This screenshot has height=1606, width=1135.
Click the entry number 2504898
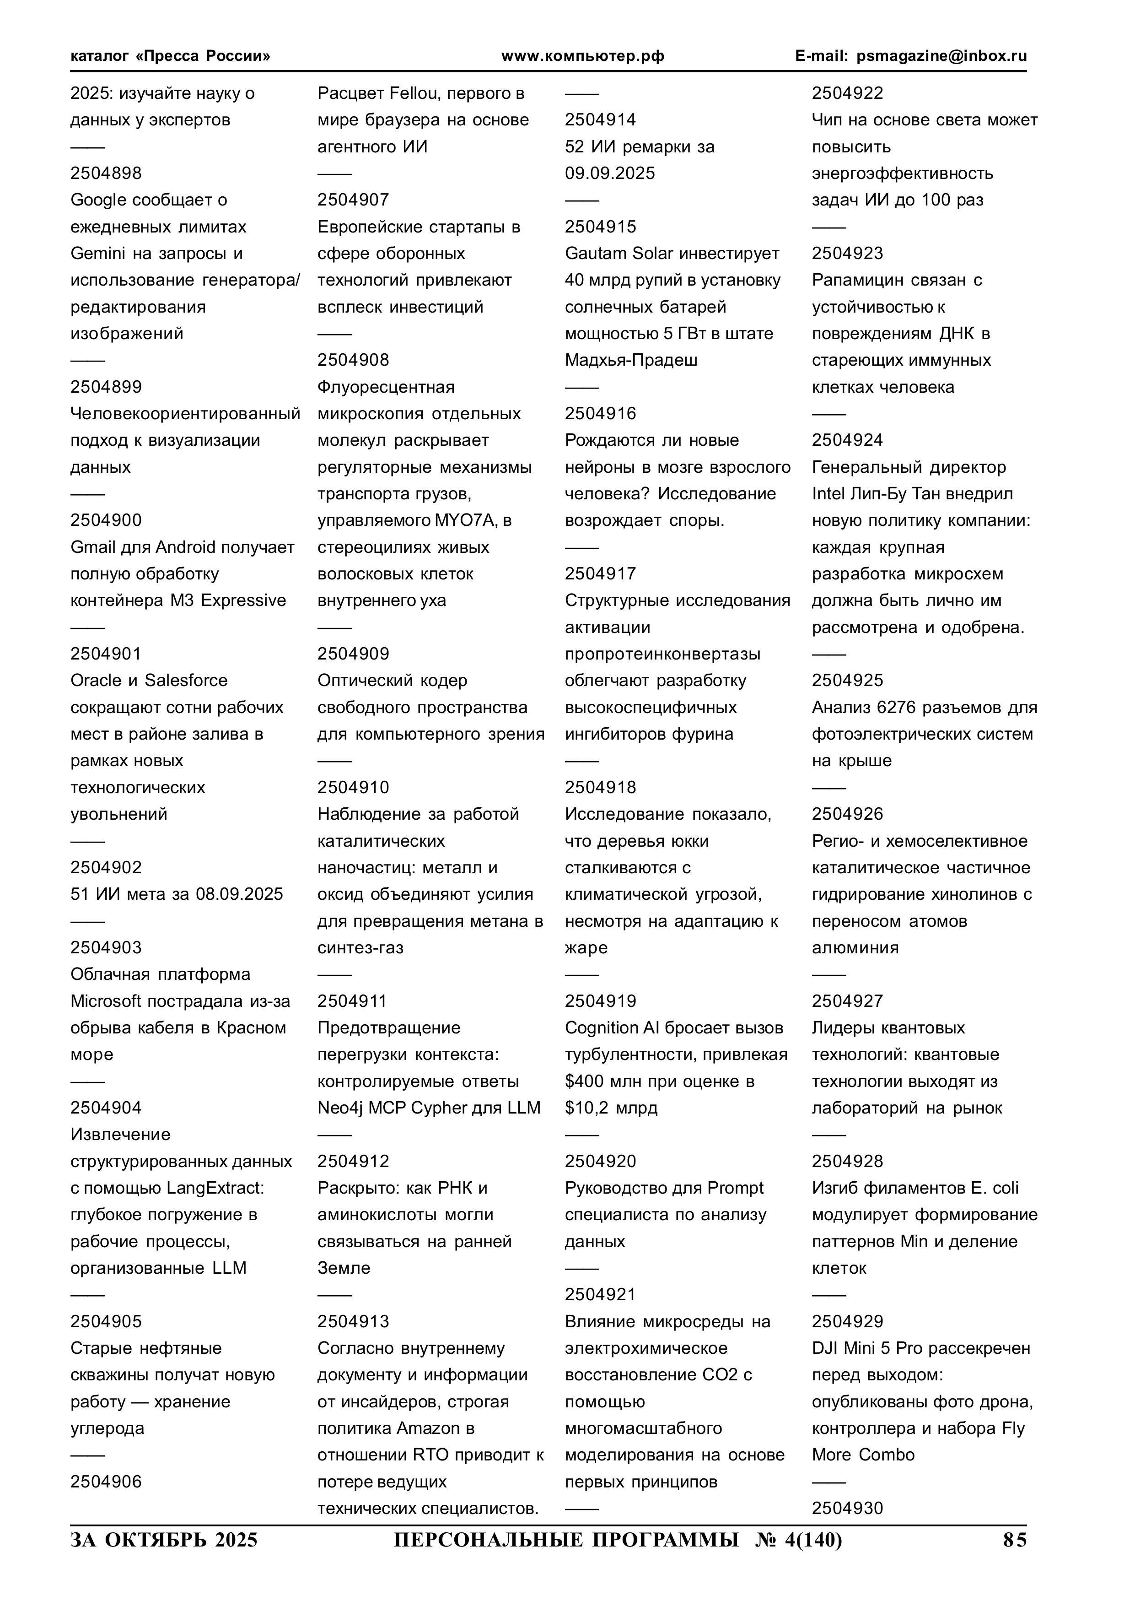point(106,173)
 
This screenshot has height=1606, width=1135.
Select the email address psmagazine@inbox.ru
point(941,56)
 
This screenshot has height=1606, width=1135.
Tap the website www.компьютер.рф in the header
point(582,56)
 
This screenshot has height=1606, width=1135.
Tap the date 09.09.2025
point(610,173)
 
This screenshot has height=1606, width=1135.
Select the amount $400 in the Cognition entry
point(585,1081)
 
